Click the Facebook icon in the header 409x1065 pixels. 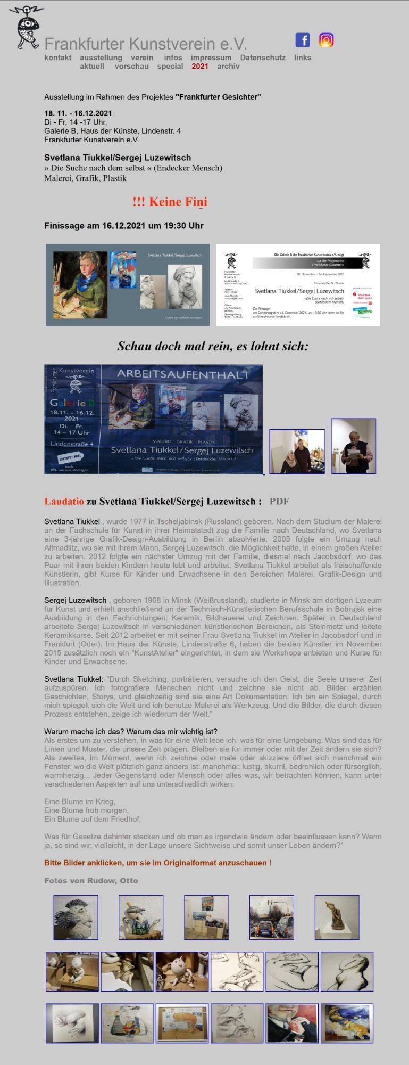point(302,40)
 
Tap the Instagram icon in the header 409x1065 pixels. point(326,40)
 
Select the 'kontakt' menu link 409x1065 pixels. point(58,58)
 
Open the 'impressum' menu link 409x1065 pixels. point(211,58)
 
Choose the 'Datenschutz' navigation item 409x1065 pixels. point(263,58)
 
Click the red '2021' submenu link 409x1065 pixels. point(200,67)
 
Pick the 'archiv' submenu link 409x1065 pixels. point(228,67)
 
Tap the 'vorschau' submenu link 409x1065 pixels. point(131,67)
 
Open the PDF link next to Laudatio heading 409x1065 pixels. point(279,501)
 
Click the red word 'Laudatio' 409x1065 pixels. point(64,501)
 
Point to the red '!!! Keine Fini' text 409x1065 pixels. point(170,202)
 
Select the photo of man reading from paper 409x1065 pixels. point(354,446)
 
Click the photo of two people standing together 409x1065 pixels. point(297,452)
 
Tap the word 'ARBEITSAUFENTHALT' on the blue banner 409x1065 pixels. point(183,374)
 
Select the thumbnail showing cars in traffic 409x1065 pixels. point(271,917)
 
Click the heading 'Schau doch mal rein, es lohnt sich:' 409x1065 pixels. point(213,346)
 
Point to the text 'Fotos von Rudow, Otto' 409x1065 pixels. point(91,880)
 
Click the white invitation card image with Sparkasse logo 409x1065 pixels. point(298,285)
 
